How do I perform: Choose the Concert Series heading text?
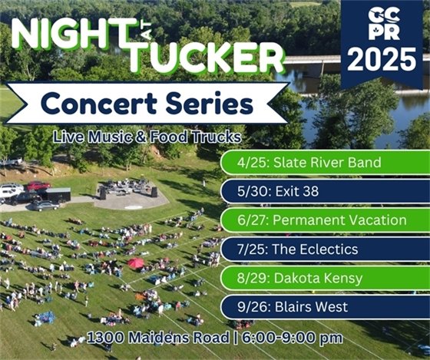pyautogui.click(x=147, y=103)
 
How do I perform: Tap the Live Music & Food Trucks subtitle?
pyautogui.click(x=147, y=137)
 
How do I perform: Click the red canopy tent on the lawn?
pyautogui.click(x=136, y=263)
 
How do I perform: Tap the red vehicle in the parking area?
pyautogui.click(x=37, y=186)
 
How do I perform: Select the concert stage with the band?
pyautogui.click(x=127, y=190)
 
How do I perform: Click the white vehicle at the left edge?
pyautogui.click(x=9, y=190)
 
